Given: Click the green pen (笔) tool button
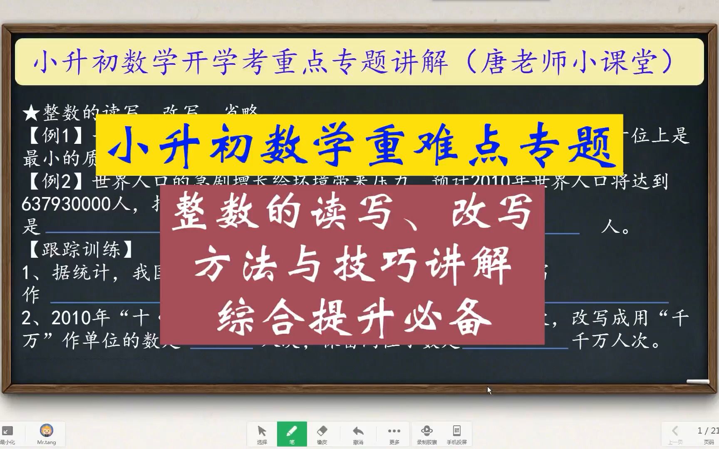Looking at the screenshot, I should (x=292, y=434).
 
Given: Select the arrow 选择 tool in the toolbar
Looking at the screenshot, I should (x=262, y=434).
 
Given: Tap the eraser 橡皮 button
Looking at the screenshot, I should (x=322, y=434).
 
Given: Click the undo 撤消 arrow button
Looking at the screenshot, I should (x=358, y=434).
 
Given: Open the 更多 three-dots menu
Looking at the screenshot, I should (x=394, y=434).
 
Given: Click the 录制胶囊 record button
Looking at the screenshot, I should (x=427, y=434).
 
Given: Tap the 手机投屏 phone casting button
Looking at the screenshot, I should (x=456, y=434).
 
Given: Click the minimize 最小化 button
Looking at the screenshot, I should (x=7, y=434).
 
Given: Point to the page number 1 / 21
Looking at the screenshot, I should (x=708, y=431).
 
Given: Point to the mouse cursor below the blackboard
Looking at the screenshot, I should (x=489, y=390).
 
